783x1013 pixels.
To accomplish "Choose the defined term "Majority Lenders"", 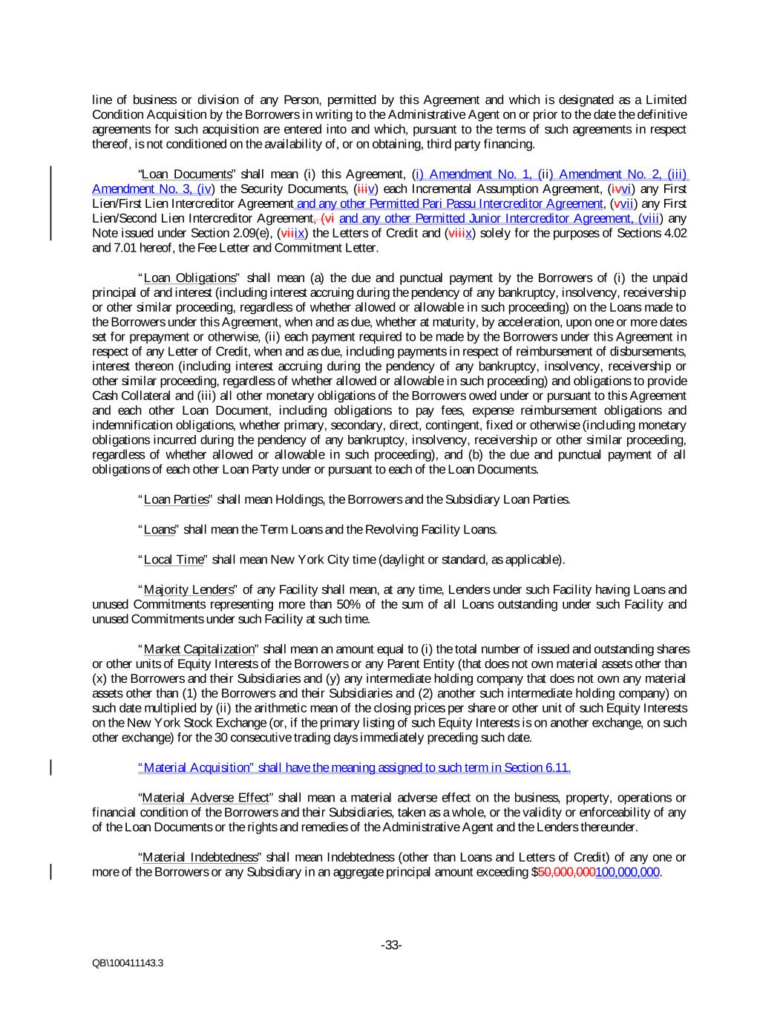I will pyautogui.click(x=189, y=590).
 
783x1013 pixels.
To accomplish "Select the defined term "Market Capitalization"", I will pyautogui.click(x=198, y=649).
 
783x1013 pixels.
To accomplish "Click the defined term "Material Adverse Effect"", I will pyautogui.click(x=206, y=798).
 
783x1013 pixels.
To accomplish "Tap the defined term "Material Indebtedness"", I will pyautogui.click(x=200, y=857).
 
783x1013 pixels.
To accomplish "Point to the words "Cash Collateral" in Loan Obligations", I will pyautogui.click(x=127, y=396).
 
